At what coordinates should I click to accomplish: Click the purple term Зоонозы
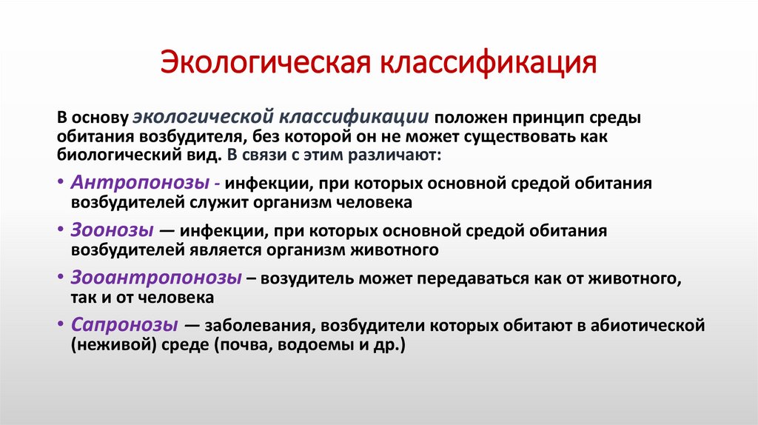(x=113, y=230)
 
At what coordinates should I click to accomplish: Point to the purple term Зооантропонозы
(x=157, y=278)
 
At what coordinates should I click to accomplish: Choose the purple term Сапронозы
(x=124, y=325)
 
